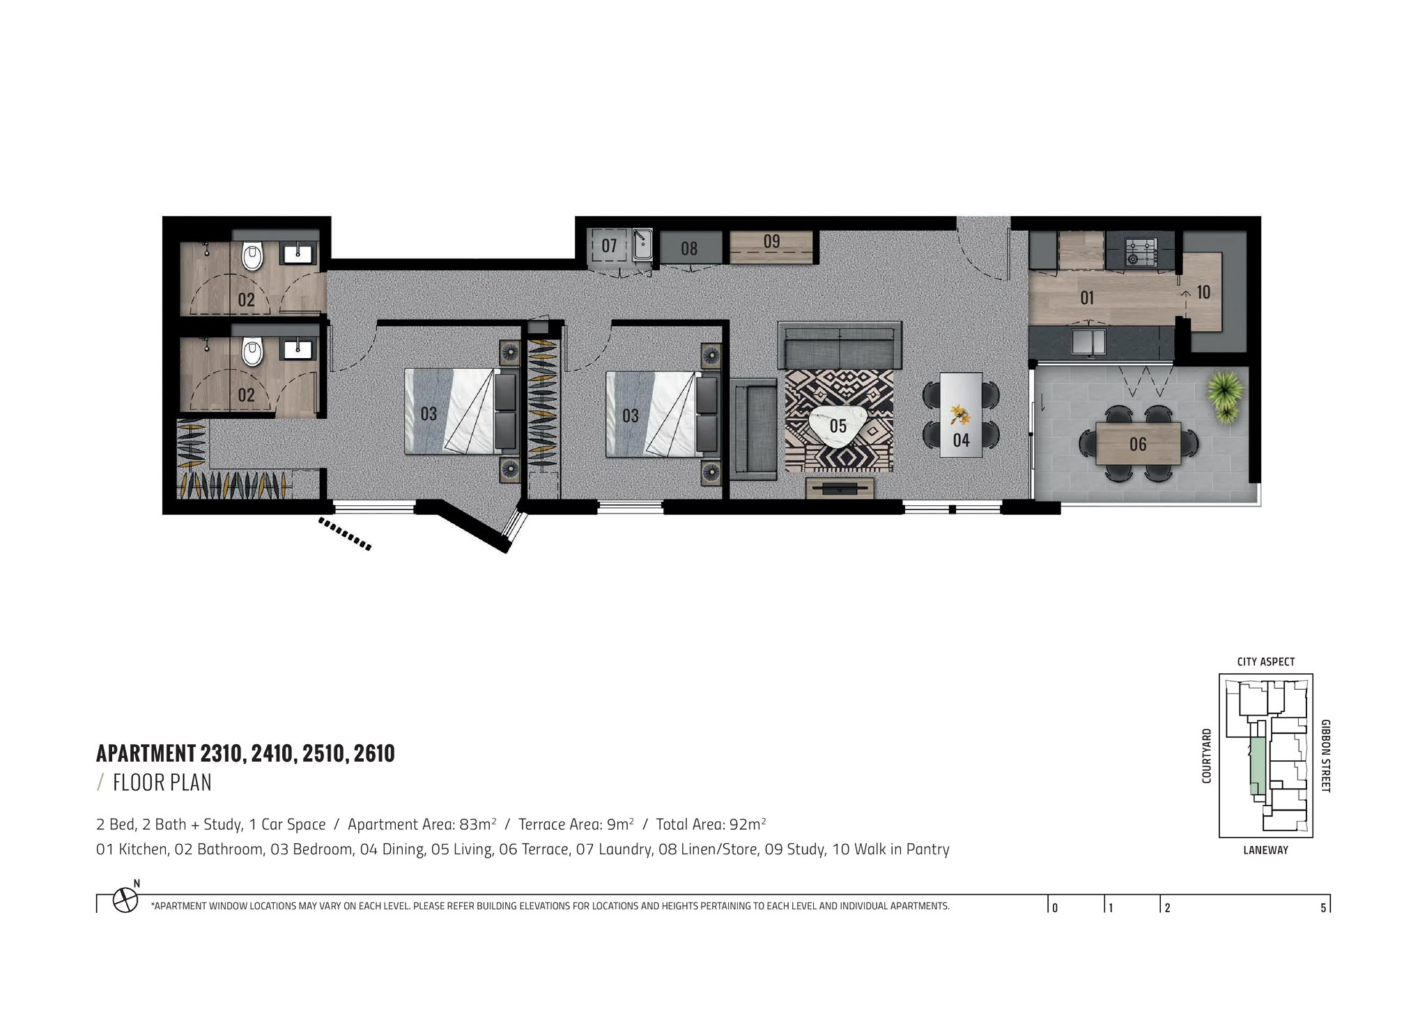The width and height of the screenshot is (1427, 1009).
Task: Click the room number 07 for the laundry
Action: click(609, 246)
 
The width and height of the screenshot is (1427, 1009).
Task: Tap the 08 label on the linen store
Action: click(689, 248)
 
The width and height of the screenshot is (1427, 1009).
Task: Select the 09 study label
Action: click(771, 241)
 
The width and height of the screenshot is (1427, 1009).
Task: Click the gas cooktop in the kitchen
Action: click(1142, 252)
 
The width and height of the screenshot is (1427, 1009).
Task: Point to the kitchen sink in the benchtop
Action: click(1088, 341)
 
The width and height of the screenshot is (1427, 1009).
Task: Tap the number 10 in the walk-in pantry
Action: click(1203, 292)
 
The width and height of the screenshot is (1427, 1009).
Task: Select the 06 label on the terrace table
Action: click(1138, 444)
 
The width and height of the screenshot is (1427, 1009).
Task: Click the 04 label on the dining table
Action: click(961, 440)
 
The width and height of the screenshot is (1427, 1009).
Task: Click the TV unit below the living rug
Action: click(840, 487)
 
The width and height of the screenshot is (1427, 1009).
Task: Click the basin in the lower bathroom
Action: click(298, 348)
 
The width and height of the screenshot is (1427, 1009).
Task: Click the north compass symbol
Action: click(125, 899)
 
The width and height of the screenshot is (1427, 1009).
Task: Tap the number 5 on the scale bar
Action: click(1323, 908)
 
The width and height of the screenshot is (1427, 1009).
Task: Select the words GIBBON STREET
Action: click(1325, 756)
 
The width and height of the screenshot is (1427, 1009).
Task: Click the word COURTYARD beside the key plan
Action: click(1207, 756)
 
